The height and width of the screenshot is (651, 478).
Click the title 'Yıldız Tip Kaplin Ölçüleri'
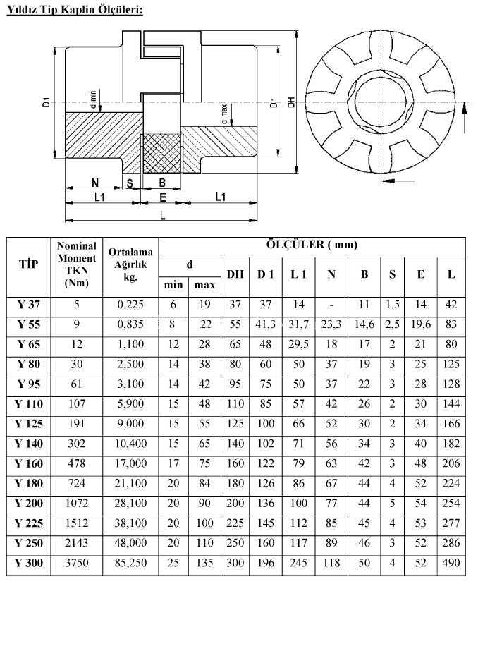(x=75, y=10)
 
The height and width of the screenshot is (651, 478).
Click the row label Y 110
(x=29, y=404)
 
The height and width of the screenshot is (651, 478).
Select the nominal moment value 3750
(x=77, y=563)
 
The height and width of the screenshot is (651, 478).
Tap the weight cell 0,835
(x=130, y=324)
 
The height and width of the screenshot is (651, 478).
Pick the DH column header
(x=235, y=274)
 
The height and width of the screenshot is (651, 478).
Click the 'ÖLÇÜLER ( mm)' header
(x=312, y=244)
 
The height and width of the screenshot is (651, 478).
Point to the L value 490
(x=451, y=563)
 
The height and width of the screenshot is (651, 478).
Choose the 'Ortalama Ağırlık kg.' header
(x=130, y=264)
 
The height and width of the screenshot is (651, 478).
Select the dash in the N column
(x=331, y=305)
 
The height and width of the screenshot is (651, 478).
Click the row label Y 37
(x=29, y=305)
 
